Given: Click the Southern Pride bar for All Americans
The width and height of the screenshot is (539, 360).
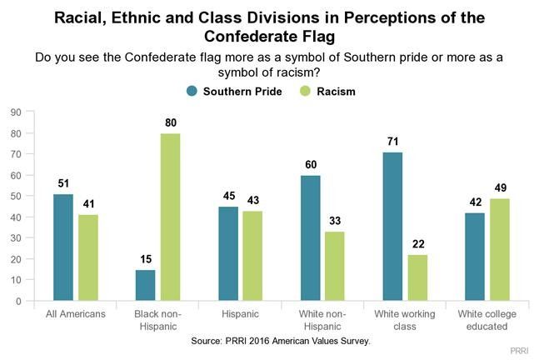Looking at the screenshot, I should click(x=63, y=247).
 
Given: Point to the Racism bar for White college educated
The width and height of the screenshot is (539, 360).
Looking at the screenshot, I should click(x=500, y=249).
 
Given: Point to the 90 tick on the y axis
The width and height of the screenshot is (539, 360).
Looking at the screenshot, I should click(x=15, y=112).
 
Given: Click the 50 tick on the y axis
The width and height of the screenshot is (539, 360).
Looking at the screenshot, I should click(x=15, y=196).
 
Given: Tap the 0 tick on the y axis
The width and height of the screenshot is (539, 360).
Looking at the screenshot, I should click(x=17, y=301).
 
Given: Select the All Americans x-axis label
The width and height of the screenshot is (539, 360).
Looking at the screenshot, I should click(x=75, y=314).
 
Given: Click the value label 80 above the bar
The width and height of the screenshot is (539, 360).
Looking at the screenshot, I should click(x=171, y=123).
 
